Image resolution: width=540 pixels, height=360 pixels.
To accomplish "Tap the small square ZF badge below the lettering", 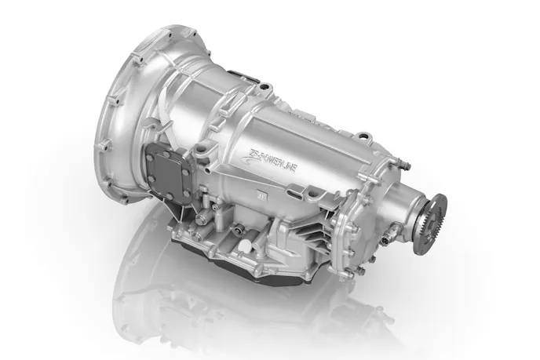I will pos(261,188).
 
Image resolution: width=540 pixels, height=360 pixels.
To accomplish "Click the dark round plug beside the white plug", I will pos(231,236).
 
